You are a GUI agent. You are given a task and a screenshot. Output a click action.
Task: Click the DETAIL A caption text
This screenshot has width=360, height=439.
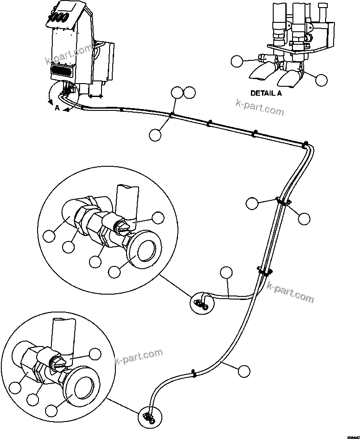tap(266, 93)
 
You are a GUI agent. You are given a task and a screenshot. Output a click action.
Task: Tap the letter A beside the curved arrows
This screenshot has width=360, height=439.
tap(57, 108)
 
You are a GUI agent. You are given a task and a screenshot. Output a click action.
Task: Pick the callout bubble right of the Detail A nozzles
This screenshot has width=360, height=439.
tap(321, 80)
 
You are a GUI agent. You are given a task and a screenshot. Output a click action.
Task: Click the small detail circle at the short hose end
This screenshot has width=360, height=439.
tap(202, 303)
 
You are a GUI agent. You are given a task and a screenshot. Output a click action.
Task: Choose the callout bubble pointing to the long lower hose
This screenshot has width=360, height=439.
tap(244, 371)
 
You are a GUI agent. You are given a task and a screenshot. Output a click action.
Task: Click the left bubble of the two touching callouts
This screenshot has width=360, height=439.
tap(178, 93)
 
